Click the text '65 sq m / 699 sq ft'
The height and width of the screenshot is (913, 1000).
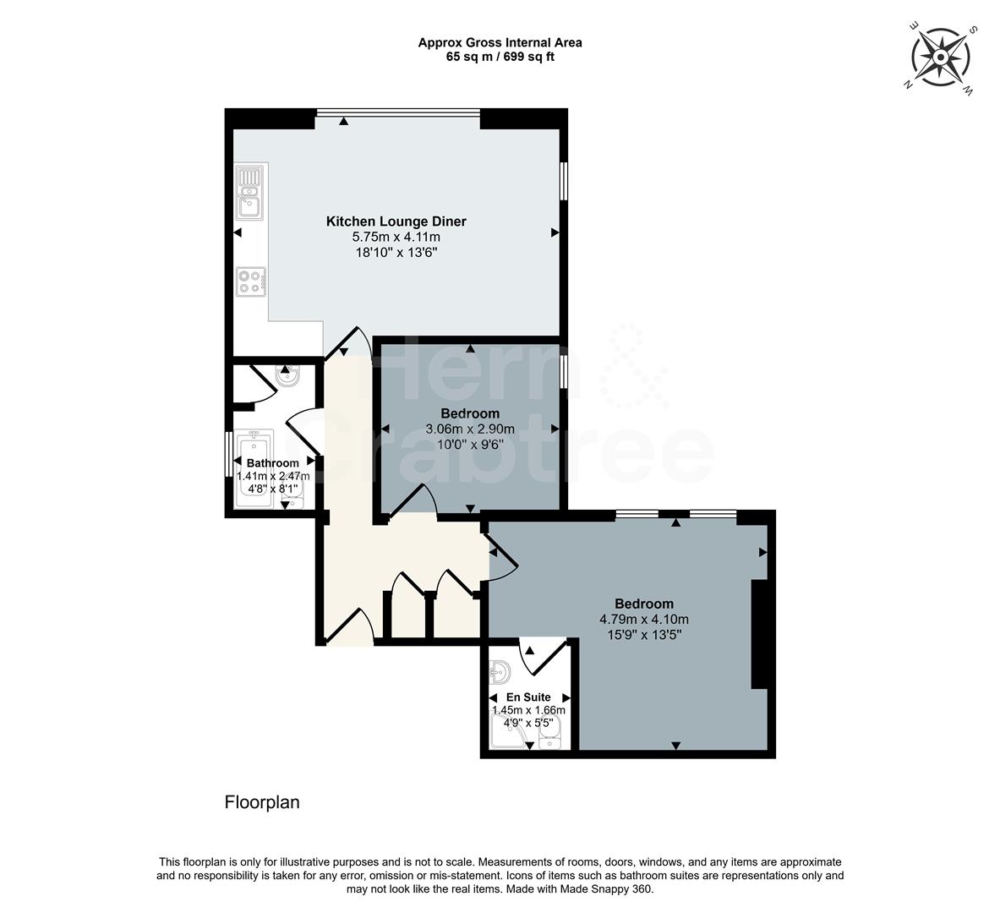click(500, 57)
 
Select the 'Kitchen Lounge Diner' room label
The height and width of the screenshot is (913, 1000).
click(396, 221)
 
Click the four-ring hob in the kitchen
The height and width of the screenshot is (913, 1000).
click(251, 280)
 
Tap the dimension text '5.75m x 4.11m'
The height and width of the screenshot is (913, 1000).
click(396, 238)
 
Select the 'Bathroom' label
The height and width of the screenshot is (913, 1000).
click(272, 463)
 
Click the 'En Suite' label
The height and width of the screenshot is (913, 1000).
click(529, 697)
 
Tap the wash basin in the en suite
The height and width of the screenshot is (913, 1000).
click(500, 673)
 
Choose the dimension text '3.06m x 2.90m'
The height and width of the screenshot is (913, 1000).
click(470, 429)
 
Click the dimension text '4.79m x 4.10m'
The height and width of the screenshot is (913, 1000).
click(643, 619)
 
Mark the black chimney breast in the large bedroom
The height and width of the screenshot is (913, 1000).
click(759, 634)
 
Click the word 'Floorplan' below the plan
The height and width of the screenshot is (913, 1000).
click(262, 802)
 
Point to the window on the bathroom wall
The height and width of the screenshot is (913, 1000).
click(228, 456)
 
